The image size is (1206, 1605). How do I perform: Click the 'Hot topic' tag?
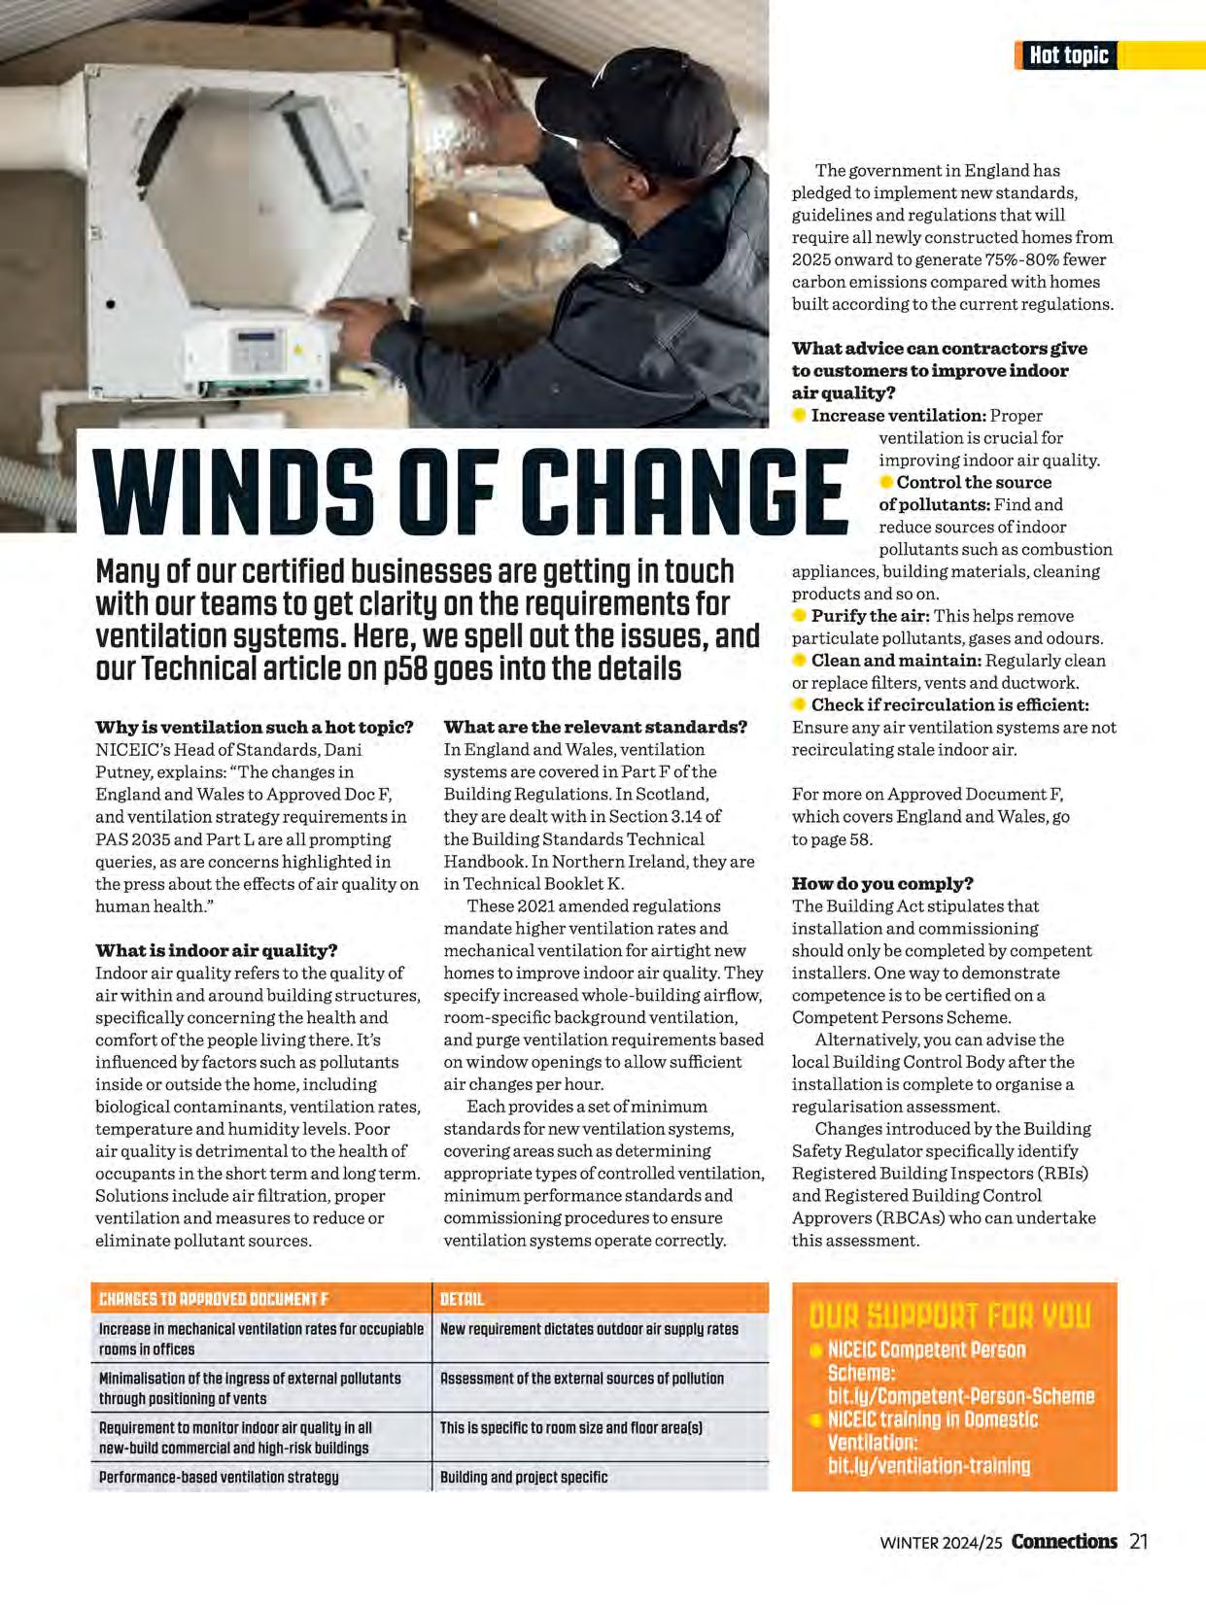point(1068,55)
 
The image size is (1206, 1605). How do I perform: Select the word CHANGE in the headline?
point(684,493)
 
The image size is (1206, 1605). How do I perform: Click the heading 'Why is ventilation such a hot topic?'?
point(255,727)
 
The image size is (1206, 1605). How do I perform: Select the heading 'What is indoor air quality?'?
point(217,950)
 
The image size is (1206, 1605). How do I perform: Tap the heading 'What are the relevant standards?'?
point(596,727)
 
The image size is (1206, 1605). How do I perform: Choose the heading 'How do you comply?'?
point(882,883)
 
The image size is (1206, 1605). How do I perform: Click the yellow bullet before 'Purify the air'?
point(800,616)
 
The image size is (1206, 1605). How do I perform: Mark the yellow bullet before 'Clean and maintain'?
point(800,661)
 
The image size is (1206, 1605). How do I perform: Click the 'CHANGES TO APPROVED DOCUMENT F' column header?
point(215,1299)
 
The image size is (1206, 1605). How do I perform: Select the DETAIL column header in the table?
point(462,1299)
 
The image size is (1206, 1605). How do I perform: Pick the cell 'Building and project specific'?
point(524,1477)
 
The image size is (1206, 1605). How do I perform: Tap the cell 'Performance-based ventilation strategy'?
point(219,1477)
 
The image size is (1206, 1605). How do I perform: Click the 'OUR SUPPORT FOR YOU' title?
point(949,1316)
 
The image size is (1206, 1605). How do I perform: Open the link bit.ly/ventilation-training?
point(928,1465)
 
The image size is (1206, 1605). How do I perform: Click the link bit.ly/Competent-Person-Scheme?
point(960,1396)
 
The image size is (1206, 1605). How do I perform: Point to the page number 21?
point(1139,1542)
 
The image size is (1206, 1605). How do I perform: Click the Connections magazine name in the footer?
point(1064,1542)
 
